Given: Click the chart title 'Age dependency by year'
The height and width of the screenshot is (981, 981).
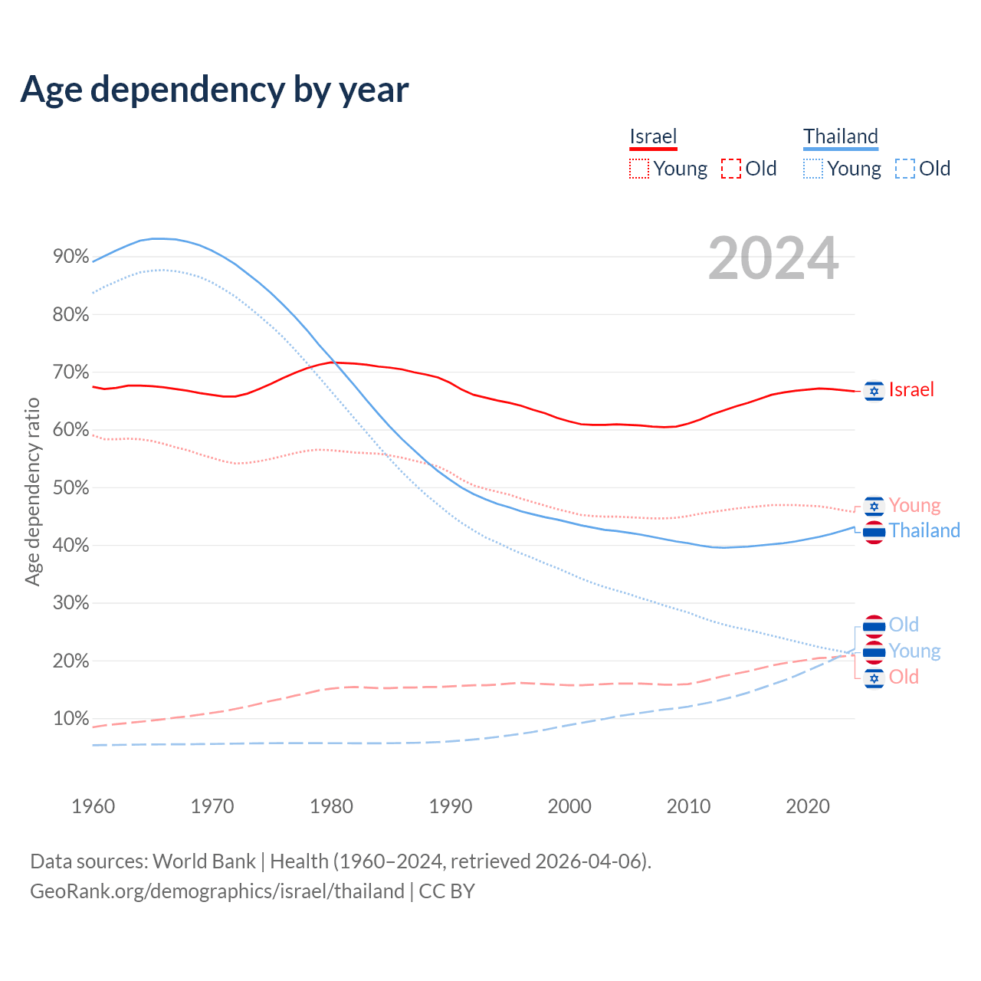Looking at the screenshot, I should [x=215, y=90].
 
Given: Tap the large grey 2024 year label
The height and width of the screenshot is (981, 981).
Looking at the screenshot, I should [x=773, y=258].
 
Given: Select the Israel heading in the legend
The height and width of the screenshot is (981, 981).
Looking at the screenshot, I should [x=653, y=136].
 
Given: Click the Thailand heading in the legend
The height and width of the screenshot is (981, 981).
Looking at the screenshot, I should [x=841, y=136].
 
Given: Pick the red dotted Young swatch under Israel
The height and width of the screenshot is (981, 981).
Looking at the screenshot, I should [x=639, y=169].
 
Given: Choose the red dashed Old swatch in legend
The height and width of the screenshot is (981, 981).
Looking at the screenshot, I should [x=731, y=169].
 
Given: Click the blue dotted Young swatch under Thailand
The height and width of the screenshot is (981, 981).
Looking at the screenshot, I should [x=813, y=169].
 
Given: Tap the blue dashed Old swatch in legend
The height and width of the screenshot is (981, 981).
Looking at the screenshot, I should [x=905, y=169].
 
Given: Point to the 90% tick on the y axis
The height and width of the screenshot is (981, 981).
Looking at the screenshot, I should [x=71, y=257].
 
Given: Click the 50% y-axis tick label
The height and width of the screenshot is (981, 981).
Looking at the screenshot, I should [x=71, y=487].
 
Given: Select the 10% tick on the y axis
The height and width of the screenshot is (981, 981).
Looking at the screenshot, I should [x=71, y=719].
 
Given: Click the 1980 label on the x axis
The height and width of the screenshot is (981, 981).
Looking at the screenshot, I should [x=331, y=806].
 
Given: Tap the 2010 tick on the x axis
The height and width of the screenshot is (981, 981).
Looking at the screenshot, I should [x=688, y=806].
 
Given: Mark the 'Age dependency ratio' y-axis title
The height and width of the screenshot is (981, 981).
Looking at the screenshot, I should [x=32, y=491].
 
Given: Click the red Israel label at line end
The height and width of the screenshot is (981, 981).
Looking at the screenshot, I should [x=911, y=390].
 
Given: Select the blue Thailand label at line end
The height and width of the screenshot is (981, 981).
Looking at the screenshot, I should [x=924, y=531].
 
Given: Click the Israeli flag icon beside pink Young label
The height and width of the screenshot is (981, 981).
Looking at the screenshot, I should [x=874, y=506].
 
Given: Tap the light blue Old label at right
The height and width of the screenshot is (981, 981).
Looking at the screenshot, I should [x=904, y=625].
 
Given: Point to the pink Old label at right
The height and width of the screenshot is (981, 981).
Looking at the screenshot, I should [x=904, y=678].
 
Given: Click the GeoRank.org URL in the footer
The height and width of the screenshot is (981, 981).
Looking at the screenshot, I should [x=217, y=891].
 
